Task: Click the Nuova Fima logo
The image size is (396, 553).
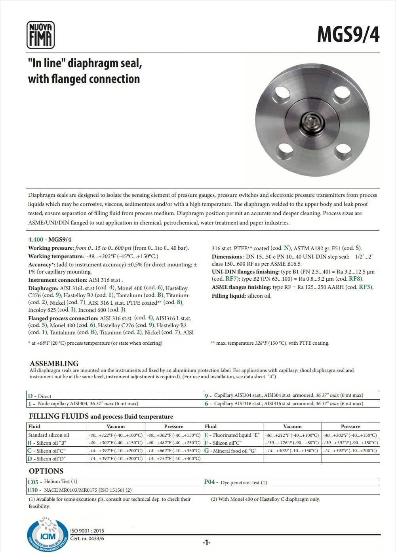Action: point(40,35)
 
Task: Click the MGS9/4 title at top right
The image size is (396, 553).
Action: point(348,35)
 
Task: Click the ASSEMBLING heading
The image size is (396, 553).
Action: point(54,363)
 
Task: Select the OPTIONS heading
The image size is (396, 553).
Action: point(46,471)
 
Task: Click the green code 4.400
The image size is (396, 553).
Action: point(35,240)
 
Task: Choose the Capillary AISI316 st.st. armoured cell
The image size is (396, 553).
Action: point(291,404)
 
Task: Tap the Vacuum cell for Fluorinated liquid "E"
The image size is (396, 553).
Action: point(292,435)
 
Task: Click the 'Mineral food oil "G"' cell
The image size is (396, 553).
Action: point(233,451)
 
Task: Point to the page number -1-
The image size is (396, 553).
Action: point(206,542)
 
